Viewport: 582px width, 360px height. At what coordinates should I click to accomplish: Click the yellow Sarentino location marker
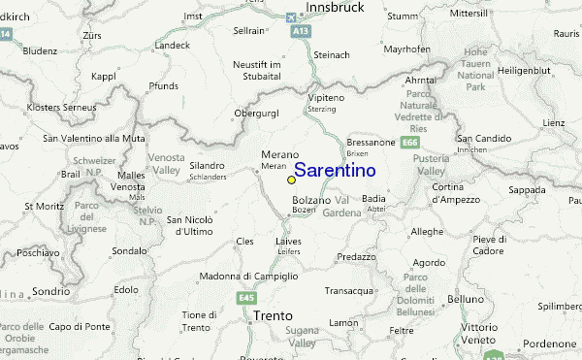pyautogui.click(x=291, y=180)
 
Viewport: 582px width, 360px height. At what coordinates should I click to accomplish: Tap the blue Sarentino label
pyautogui.click(x=335, y=171)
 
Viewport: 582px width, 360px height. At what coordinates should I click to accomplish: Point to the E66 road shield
pyautogui.click(x=410, y=144)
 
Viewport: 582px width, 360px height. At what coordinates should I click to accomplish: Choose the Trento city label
pyautogui.click(x=273, y=315)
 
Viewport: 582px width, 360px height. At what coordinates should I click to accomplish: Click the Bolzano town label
pyautogui.click(x=310, y=200)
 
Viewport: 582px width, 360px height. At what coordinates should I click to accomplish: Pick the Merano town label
pyautogui.click(x=279, y=155)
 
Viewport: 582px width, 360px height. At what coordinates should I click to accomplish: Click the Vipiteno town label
pyautogui.click(x=326, y=127)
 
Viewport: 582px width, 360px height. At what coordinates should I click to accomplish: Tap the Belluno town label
pyautogui.click(x=466, y=300)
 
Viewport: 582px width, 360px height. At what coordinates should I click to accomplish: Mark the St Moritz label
pyautogui.click(x=43, y=206)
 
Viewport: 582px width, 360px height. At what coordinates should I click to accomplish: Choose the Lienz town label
pyautogui.click(x=553, y=123)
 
